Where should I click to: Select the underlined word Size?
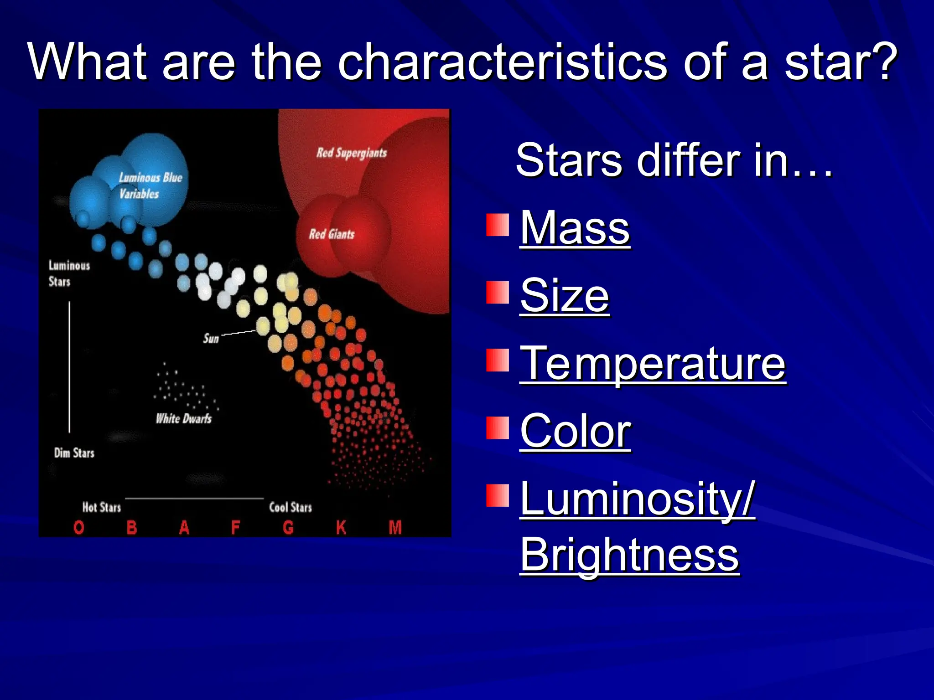click(565, 296)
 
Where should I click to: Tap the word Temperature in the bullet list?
click(653, 363)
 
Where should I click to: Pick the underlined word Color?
click(576, 431)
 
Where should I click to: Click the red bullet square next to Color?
click(497, 428)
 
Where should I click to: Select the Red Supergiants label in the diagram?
click(352, 153)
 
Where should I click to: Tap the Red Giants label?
click(332, 234)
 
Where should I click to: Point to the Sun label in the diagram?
click(211, 338)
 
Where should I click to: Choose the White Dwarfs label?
click(183, 419)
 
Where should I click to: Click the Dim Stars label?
click(74, 453)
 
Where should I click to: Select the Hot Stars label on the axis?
click(101, 507)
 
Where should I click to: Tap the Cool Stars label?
click(291, 507)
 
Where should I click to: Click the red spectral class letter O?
click(78, 528)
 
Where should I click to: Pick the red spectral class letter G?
click(288, 528)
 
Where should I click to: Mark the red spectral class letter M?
click(395, 528)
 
